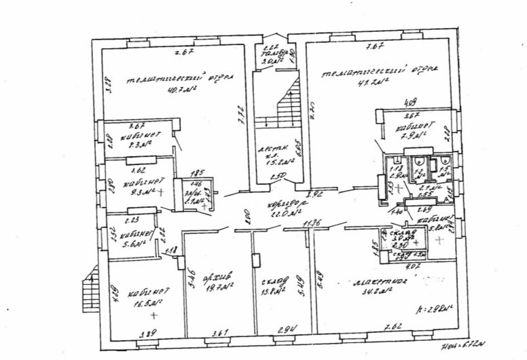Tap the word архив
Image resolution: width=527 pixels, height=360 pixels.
coord(222,276)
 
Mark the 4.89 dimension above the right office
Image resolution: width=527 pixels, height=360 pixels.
coord(411,103)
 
